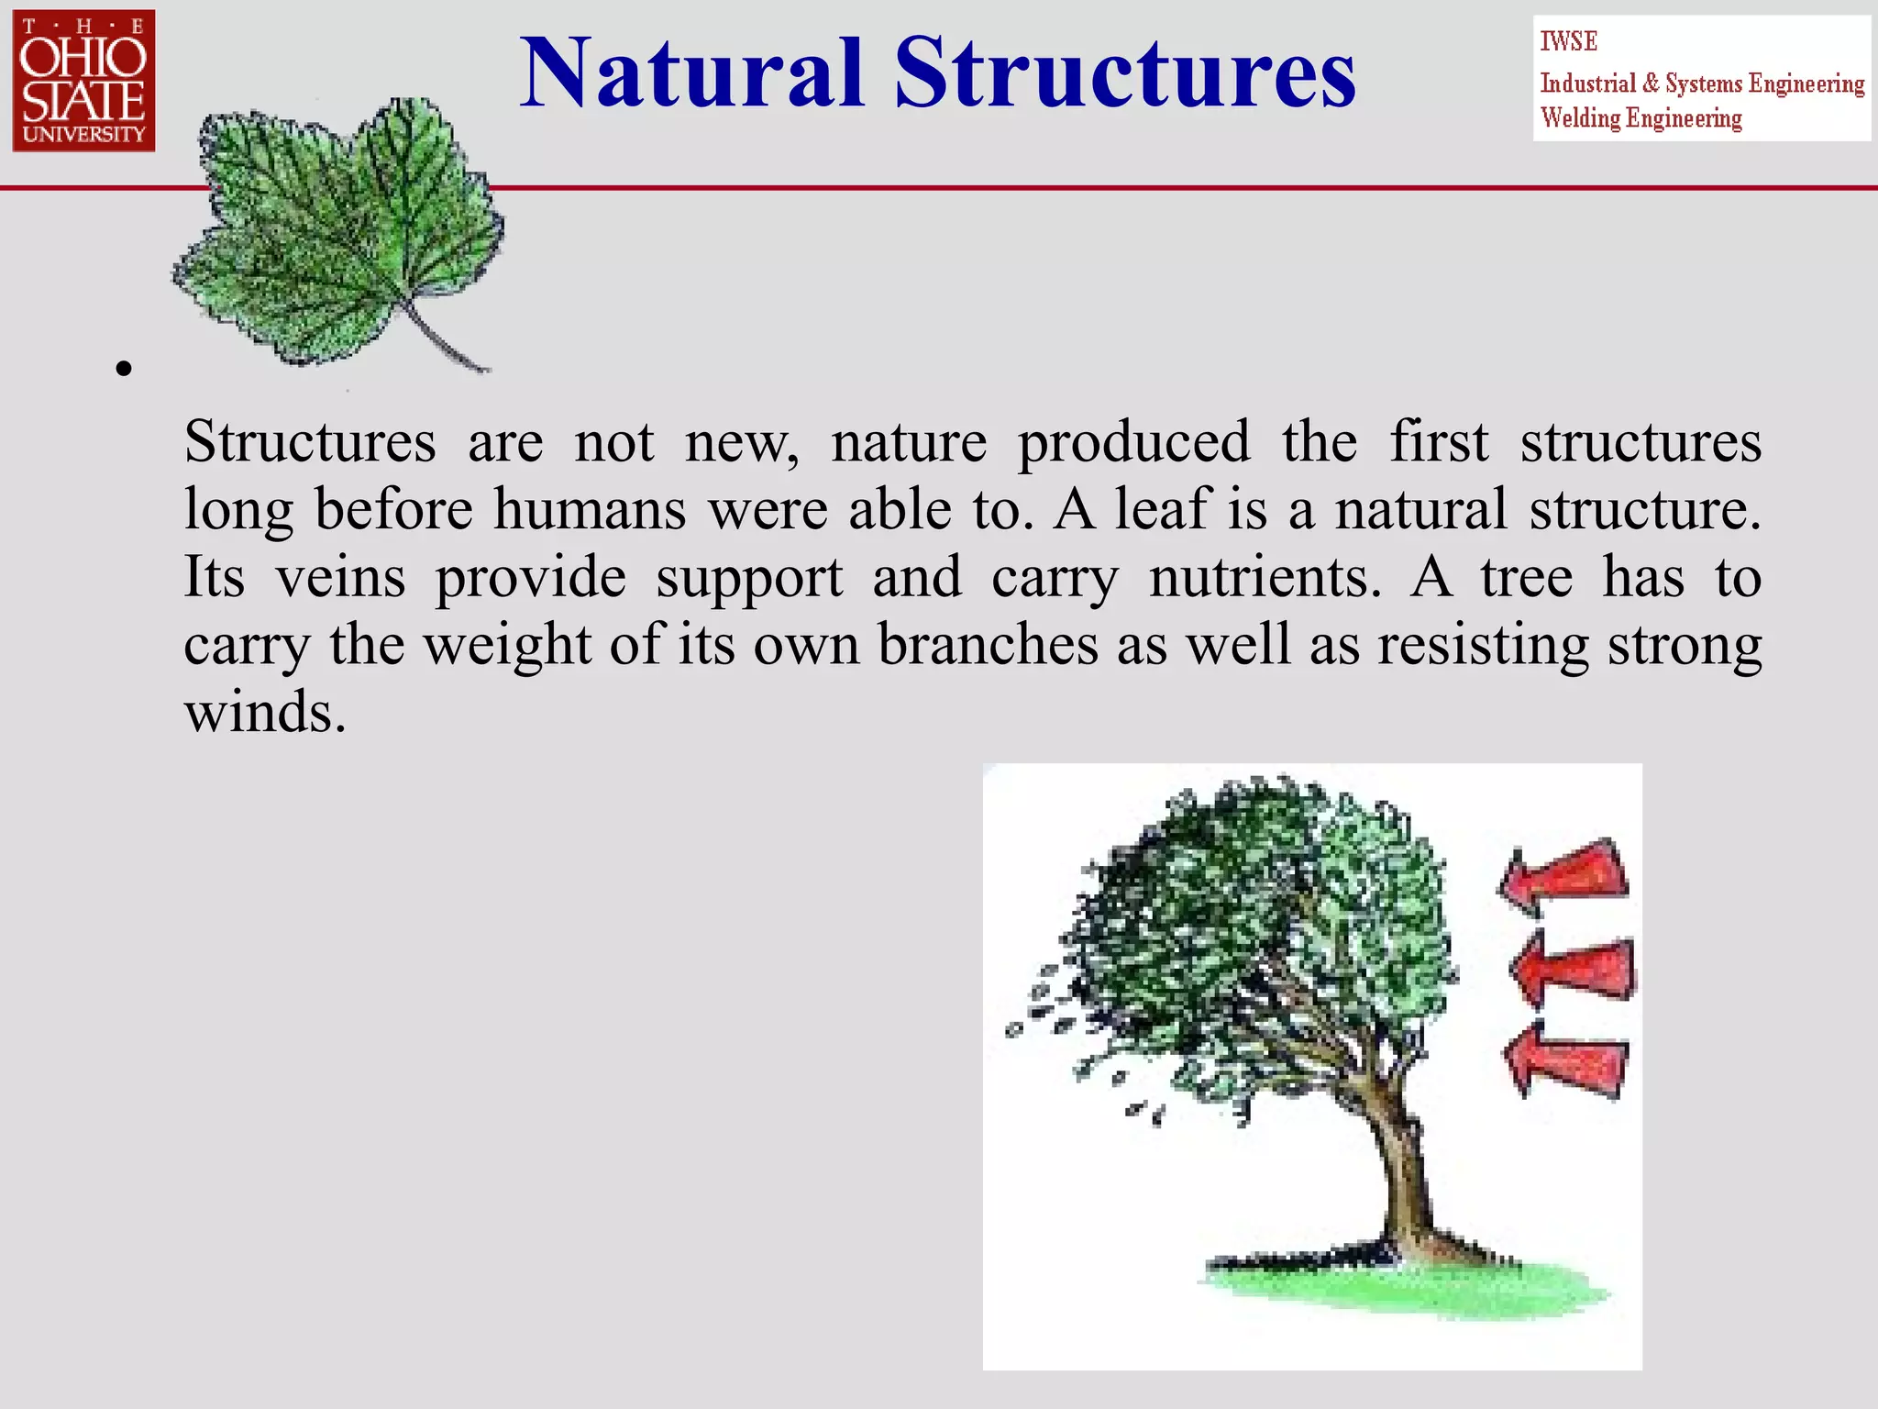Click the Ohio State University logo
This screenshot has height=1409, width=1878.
(x=83, y=81)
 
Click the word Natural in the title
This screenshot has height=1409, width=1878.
(x=692, y=73)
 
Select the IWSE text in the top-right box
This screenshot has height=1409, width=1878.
(x=1568, y=41)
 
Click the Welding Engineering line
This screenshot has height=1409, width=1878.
(x=1640, y=118)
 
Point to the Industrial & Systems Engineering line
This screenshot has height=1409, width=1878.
(x=1701, y=83)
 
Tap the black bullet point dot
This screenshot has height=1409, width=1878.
(x=124, y=370)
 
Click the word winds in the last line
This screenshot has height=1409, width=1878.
(x=264, y=712)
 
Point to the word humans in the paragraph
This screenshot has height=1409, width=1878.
(x=589, y=509)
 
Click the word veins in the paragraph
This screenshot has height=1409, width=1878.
(x=340, y=578)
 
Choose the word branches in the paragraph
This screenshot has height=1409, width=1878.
(x=988, y=645)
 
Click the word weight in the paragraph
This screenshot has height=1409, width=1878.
(x=506, y=645)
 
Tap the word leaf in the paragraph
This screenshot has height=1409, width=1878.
(x=1162, y=509)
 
